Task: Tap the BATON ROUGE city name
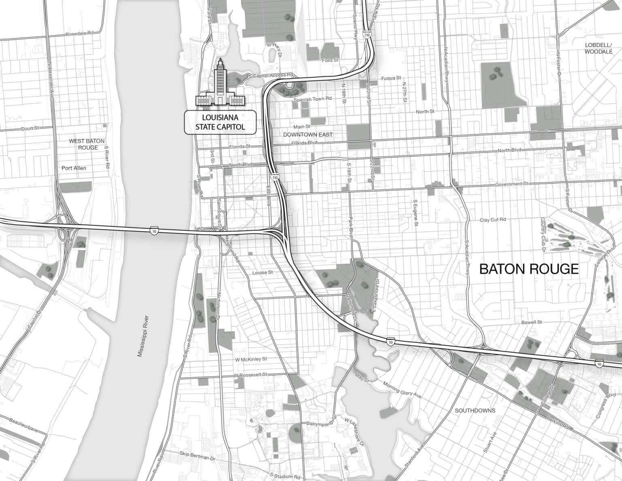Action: [x=529, y=269]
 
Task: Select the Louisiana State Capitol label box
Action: [x=220, y=122]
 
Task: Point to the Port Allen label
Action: [x=74, y=168]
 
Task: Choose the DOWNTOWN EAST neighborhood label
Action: [x=308, y=135]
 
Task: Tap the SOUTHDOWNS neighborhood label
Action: [x=475, y=410]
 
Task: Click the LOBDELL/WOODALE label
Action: [x=599, y=48]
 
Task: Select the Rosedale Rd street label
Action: [x=79, y=34]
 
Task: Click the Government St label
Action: [x=512, y=184]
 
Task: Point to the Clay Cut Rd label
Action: [x=493, y=220]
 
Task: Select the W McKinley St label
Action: [x=251, y=359]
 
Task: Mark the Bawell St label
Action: [x=531, y=322]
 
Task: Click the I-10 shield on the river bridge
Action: [x=154, y=230]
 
